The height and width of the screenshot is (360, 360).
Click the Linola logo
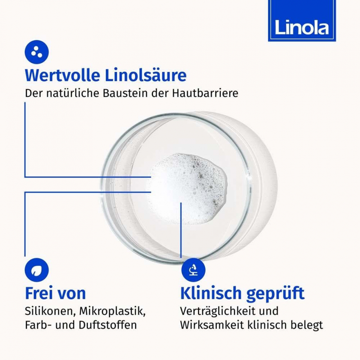(x=302, y=21)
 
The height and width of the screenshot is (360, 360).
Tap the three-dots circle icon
(x=37, y=52)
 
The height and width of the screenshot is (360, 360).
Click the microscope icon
(x=193, y=270)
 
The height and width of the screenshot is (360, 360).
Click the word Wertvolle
(x=63, y=75)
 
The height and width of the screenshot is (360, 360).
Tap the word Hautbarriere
(x=205, y=93)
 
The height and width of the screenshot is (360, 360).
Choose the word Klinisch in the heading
(x=211, y=293)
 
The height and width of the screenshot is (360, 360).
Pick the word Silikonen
(x=51, y=312)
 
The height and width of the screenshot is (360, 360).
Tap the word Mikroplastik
(x=112, y=312)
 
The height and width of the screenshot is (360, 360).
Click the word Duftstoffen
(x=108, y=325)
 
